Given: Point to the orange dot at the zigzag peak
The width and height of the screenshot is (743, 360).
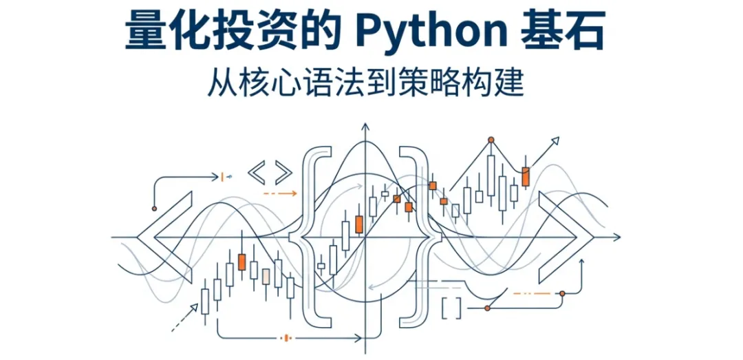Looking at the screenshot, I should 491,140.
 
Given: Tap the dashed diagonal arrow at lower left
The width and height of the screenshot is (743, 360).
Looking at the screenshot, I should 182,319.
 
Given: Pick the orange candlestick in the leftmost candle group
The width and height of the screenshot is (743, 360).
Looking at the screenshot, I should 241,262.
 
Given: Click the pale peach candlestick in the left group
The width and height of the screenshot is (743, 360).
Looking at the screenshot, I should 266,276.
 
